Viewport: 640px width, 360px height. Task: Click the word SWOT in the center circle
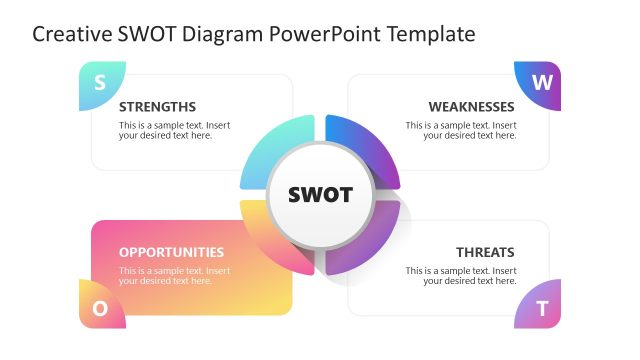[x=320, y=194]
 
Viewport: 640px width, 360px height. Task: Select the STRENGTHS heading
[x=157, y=107]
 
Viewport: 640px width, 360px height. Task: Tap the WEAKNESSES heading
[x=471, y=107]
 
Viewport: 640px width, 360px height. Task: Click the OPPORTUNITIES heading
[x=171, y=252]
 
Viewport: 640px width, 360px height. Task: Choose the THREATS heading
[x=485, y=252]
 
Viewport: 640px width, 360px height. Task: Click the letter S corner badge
[x=99, y=84]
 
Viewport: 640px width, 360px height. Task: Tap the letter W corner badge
[x=540, y=83]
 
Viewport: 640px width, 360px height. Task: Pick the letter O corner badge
[x=100, y=307]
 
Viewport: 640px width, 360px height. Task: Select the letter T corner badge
[x=540, y=307]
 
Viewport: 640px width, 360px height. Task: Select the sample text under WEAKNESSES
[x=461, y=131]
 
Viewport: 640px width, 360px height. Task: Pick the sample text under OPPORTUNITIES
[x=174, y=276]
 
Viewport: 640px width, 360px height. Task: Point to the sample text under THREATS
[x=461, y=276]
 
